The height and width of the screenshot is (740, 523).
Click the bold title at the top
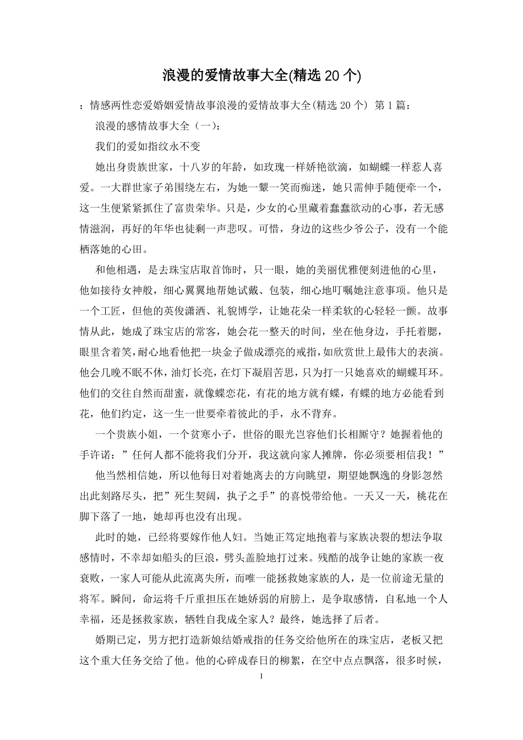(x=261, y=75)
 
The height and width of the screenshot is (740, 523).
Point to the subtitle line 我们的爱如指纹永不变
(x=148, y=146)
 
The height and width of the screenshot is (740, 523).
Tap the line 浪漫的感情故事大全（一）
(x=158, y=126)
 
